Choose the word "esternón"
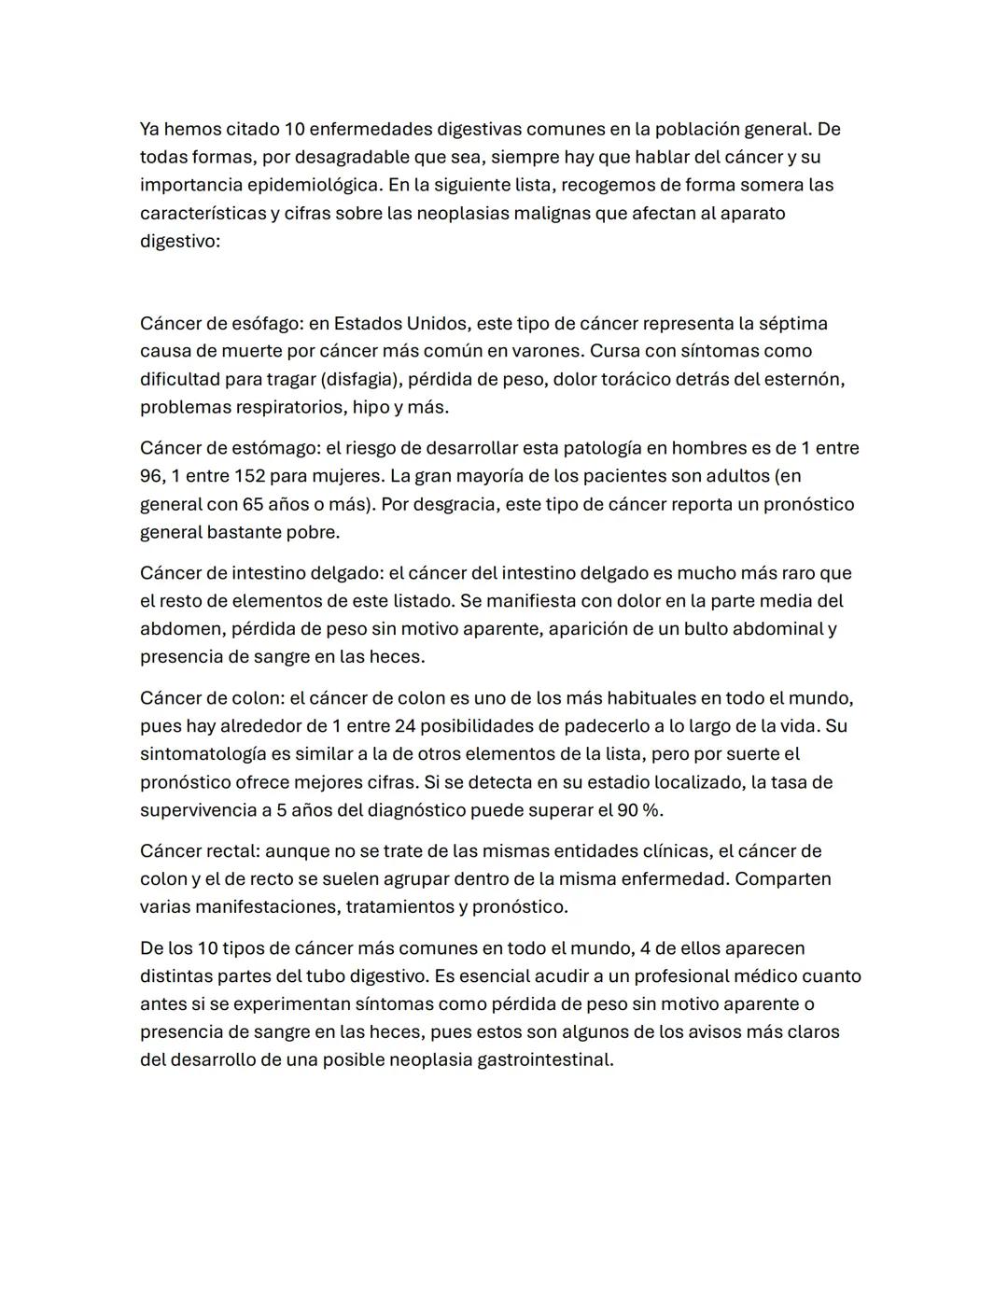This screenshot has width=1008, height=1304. coord(805,379)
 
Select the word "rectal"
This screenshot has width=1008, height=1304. coord(232,851)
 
